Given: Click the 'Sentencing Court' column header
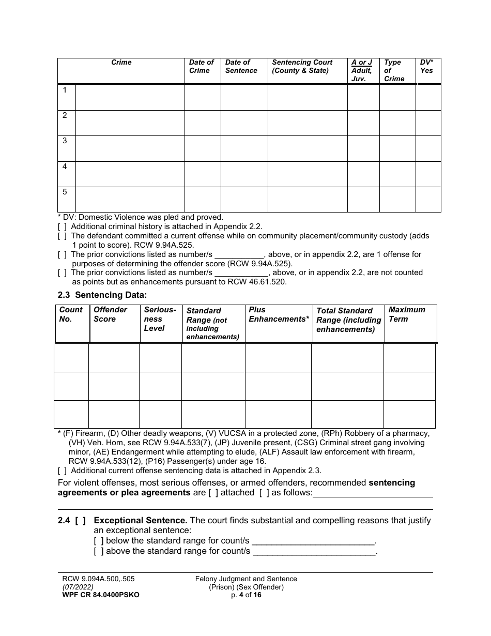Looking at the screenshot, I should (302, 66).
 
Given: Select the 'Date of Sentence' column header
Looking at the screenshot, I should (241, 66).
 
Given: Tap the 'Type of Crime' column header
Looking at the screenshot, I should (394, 70).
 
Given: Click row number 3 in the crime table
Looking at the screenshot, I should (65, 141).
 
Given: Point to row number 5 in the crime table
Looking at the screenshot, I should (65, 192).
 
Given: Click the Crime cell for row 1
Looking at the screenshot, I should (130, 97).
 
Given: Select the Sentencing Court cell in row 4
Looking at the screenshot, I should (308, 174).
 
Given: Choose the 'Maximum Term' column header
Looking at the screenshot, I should (407, 314).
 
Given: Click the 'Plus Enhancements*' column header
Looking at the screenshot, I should (279, 314).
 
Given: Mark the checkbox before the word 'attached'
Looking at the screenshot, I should (212, 493).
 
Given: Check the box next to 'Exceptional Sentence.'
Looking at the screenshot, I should (81, 521).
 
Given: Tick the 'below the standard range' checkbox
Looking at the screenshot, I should (99, 541).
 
